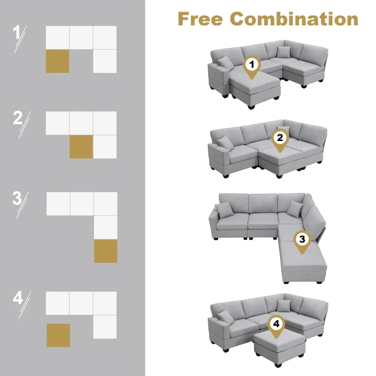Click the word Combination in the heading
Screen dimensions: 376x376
click(x=294, y=19)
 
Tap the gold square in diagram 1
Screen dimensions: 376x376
click(x=57, y=61)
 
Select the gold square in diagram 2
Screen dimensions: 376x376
click(x=81, y=147)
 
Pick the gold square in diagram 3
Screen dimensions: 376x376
click(x=105, y=251)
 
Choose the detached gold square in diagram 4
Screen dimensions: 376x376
click(x=58, y=335)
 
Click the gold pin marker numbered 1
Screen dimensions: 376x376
click(x=252, y=65)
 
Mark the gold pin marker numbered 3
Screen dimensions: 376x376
click(x=302, y=240)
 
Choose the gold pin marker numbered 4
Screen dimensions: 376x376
click(x=276, y=325)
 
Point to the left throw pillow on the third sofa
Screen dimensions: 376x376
click(x=224, y=208)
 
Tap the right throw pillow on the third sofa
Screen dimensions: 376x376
click(x=296, y=208)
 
